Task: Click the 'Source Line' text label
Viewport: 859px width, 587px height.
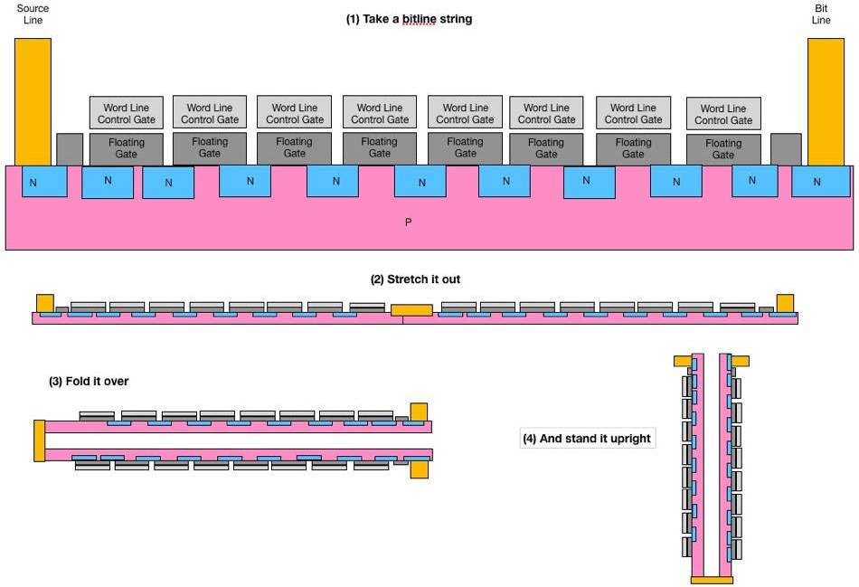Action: pyautogui.click(x=33, y=14)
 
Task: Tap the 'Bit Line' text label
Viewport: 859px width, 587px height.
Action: pyautogui.click(x=821, y=14)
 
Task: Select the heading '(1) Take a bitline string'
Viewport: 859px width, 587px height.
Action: pyautogui.click(x=409, y=19)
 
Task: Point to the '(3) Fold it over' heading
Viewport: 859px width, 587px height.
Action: pyautogui.click(x=89, y=382)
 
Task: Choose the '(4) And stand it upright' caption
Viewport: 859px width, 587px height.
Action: pyautogui.click(x=588, y=440)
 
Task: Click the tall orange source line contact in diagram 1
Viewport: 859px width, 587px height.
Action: pyautogui.click(x=33, y=101)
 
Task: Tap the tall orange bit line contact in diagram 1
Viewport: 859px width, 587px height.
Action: pyautogui.click(x=825, y=101)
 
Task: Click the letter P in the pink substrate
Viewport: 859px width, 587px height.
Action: pyautogui.click(x=408, y=222)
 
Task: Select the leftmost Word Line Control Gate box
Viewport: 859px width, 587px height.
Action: pyautogui.click(x=126, y=113)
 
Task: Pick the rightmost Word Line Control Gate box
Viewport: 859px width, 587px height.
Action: pyautogui.click(x=723, y=114)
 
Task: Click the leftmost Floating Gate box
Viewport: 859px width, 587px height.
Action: pyautogui.click(x=126, y=148)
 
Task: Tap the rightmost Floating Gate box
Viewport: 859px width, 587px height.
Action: pyautogui.click(x=722, y=149)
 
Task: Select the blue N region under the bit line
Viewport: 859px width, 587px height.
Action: pyautogui.click(x=818, y=182)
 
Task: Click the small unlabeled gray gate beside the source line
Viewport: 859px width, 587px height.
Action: pyautogui.click(x=69, y=149)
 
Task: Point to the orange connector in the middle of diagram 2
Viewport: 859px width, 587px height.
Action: pyautogui.click(x=411, y=310)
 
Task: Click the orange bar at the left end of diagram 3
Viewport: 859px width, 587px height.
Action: pyautogui.click(x=39, y=440)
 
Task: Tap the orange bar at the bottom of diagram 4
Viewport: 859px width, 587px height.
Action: pyautogui.click(x=712, y=579)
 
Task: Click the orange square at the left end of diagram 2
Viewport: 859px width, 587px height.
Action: pyautogui.click(x=44, y=302)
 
